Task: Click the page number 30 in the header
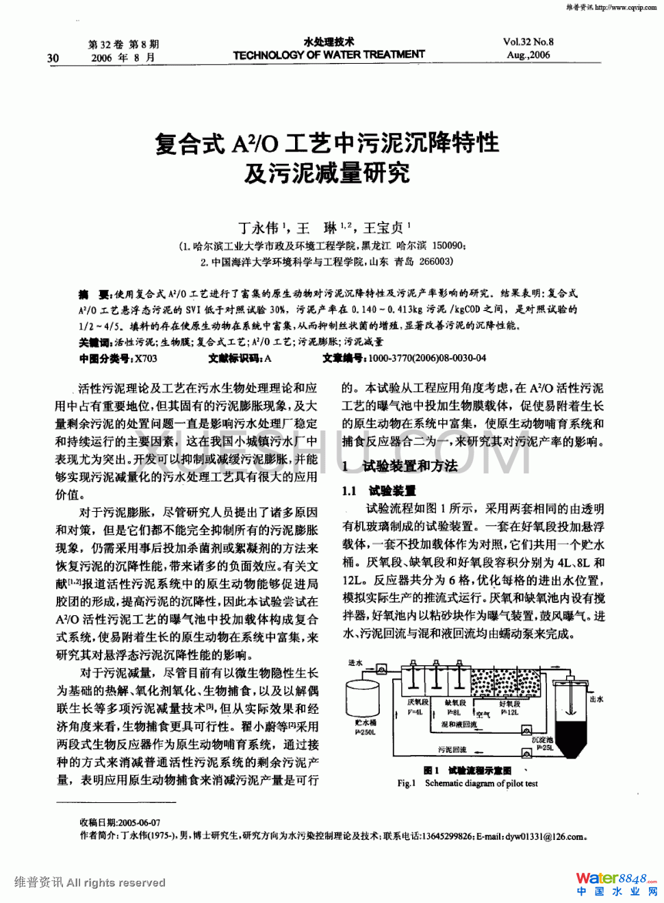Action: coord(53,58)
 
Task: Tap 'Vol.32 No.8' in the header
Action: coord(528,42)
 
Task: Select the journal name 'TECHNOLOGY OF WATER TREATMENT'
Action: coord(329,55)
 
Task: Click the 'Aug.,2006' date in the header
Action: coord(528,55)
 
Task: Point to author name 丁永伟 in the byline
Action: coord(258,228)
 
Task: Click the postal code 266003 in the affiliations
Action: coord(435,261)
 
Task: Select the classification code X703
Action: coord(146,358)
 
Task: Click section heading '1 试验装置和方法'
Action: coord(400,466)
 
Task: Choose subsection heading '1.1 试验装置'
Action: coord(379,491)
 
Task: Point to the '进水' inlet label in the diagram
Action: coord(355,663)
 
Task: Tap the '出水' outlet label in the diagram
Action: coord(596,699)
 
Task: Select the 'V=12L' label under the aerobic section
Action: coord(509,713)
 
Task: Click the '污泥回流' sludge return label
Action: coord(452,750)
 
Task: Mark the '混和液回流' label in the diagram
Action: coord(459,724)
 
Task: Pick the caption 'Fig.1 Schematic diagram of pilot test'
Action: coord(468,783)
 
